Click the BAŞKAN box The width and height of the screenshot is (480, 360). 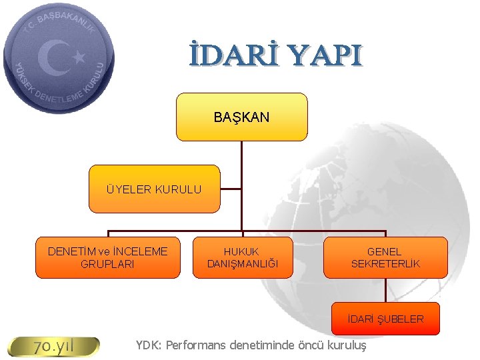pyautogui.click(x=241, y=117)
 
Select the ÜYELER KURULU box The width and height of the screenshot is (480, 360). pyautogui.click(x=154, y=189)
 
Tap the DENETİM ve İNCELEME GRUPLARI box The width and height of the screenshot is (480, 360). pyautogui.click(x=107, y=257)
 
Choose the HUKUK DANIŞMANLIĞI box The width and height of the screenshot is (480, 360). pyautogui.click(x=242, y=257)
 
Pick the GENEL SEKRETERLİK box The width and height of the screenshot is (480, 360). pyautogui.click(x=385, y=257)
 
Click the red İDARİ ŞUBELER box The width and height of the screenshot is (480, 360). pyautogui.click(x=385, y=319)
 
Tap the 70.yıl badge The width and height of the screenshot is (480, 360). pyautogui.click(x=53, y=347)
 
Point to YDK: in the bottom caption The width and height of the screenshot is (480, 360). pyautogui.click(x=149, y=345)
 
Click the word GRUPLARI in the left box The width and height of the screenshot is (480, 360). pyautogui.click(x=107, y=264)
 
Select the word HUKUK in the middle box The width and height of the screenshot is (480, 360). pyautogui.click(x=241, y=251)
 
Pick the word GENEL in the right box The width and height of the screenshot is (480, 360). pyautogui.click(x=385, y=251)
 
